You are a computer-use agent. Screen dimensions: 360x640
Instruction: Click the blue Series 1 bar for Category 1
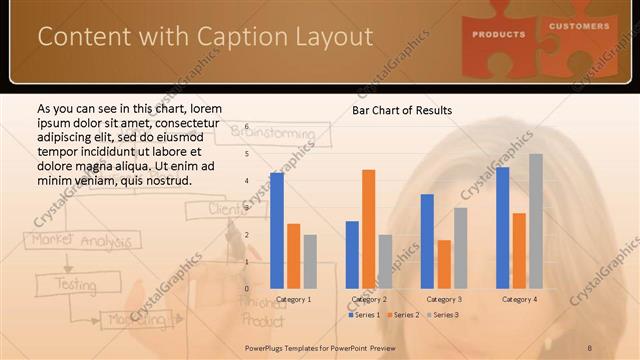(x=277, y=231)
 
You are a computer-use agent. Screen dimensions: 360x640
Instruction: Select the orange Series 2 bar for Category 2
(x=369, y=229)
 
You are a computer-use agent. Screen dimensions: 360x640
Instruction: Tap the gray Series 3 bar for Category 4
(x=536, y=221)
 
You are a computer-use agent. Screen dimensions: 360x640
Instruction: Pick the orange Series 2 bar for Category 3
(x=444, y=264)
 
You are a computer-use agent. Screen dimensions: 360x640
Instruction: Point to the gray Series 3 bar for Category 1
(x=310, y=262)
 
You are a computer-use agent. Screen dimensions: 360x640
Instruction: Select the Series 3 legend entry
(x=442, y=315)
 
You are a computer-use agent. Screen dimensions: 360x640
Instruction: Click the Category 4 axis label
(x=518, y=299)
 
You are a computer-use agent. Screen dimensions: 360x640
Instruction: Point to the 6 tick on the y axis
(x=246, y=128)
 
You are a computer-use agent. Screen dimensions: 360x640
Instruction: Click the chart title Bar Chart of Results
(x=402, y=110)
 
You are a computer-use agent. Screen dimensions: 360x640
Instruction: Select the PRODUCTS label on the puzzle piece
(x=499, y=34)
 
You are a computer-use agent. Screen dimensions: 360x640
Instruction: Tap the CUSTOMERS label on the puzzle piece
(x=579, y=26)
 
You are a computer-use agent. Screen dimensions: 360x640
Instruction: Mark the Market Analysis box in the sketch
(x=71, y=241)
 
